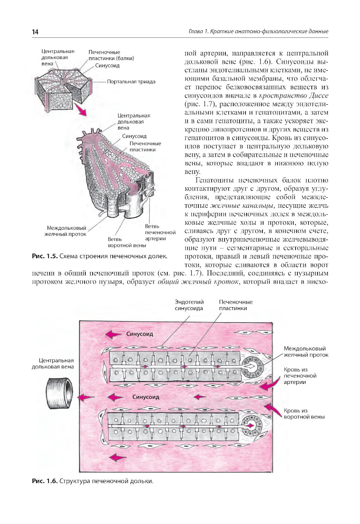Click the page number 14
(35, 32)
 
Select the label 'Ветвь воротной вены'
(127, 242)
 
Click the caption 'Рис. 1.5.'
(45, 256)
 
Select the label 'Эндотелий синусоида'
(189, 305)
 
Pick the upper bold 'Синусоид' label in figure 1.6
(140, 334)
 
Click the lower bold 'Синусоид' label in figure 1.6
(145, 397)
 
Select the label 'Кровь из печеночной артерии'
(300, 376)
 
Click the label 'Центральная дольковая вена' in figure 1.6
(53, 363)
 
